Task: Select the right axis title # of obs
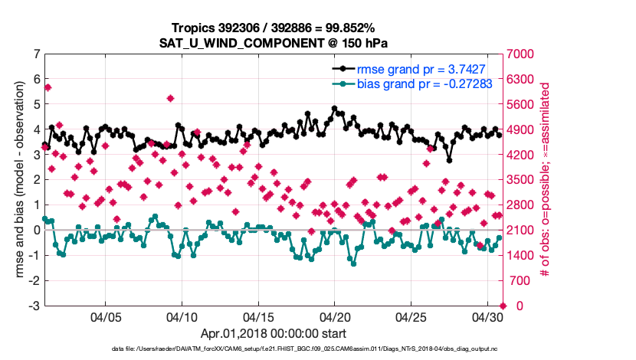click(546, 180)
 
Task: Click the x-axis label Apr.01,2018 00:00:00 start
click(274, 333)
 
